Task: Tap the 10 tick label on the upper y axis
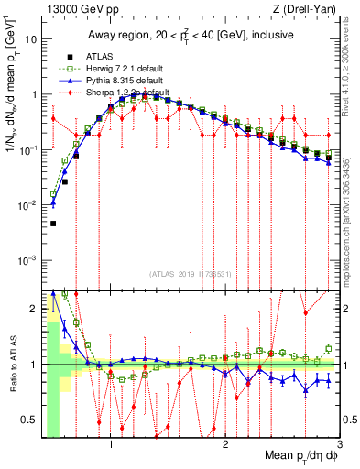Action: [31, 39]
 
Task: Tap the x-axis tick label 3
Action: [339, 446]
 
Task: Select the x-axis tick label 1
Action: [111, 446]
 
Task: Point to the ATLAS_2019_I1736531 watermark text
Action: [191, 275]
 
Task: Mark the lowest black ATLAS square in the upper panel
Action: [53, 224]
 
